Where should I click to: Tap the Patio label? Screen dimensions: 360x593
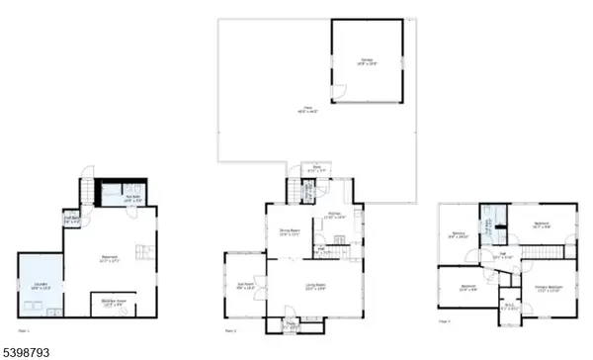(x=293, y=111)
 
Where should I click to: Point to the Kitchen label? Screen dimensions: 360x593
(x=335, y=216)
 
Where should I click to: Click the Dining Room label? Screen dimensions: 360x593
(x=289, y=233)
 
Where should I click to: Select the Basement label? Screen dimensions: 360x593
(x=109, y=260)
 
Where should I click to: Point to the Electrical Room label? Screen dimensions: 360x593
(x=114, y=303)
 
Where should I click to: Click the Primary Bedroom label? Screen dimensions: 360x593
(x=549, y=288)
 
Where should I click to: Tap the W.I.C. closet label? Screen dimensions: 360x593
(x=509, y=307)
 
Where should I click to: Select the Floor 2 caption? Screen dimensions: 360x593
(x=230, y=330)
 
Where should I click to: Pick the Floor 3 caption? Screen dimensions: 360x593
(x=444, y=322)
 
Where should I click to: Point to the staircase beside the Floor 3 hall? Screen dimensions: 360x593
(x=540, y=252)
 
